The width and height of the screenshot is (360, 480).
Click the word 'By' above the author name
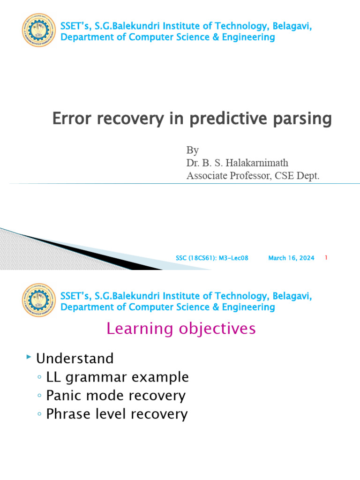pyautogui.click(x=193, y=150)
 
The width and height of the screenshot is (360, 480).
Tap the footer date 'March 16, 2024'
pyautogui.click(x=291, y=258)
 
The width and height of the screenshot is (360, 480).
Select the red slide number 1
pyautogui.click(x=326, y=258)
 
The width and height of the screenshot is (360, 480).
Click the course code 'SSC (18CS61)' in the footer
pyautogui.click(x=193, y=258)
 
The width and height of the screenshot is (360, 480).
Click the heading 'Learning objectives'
pyautogui.click(x=181, y=329)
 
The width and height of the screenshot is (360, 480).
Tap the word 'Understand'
pyautogui.click(x=75, y=359)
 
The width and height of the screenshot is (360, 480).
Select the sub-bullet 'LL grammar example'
pyautogui.click(x=117, y=377)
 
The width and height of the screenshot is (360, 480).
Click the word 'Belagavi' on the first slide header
pyautogui.click(x=291, y=26)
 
